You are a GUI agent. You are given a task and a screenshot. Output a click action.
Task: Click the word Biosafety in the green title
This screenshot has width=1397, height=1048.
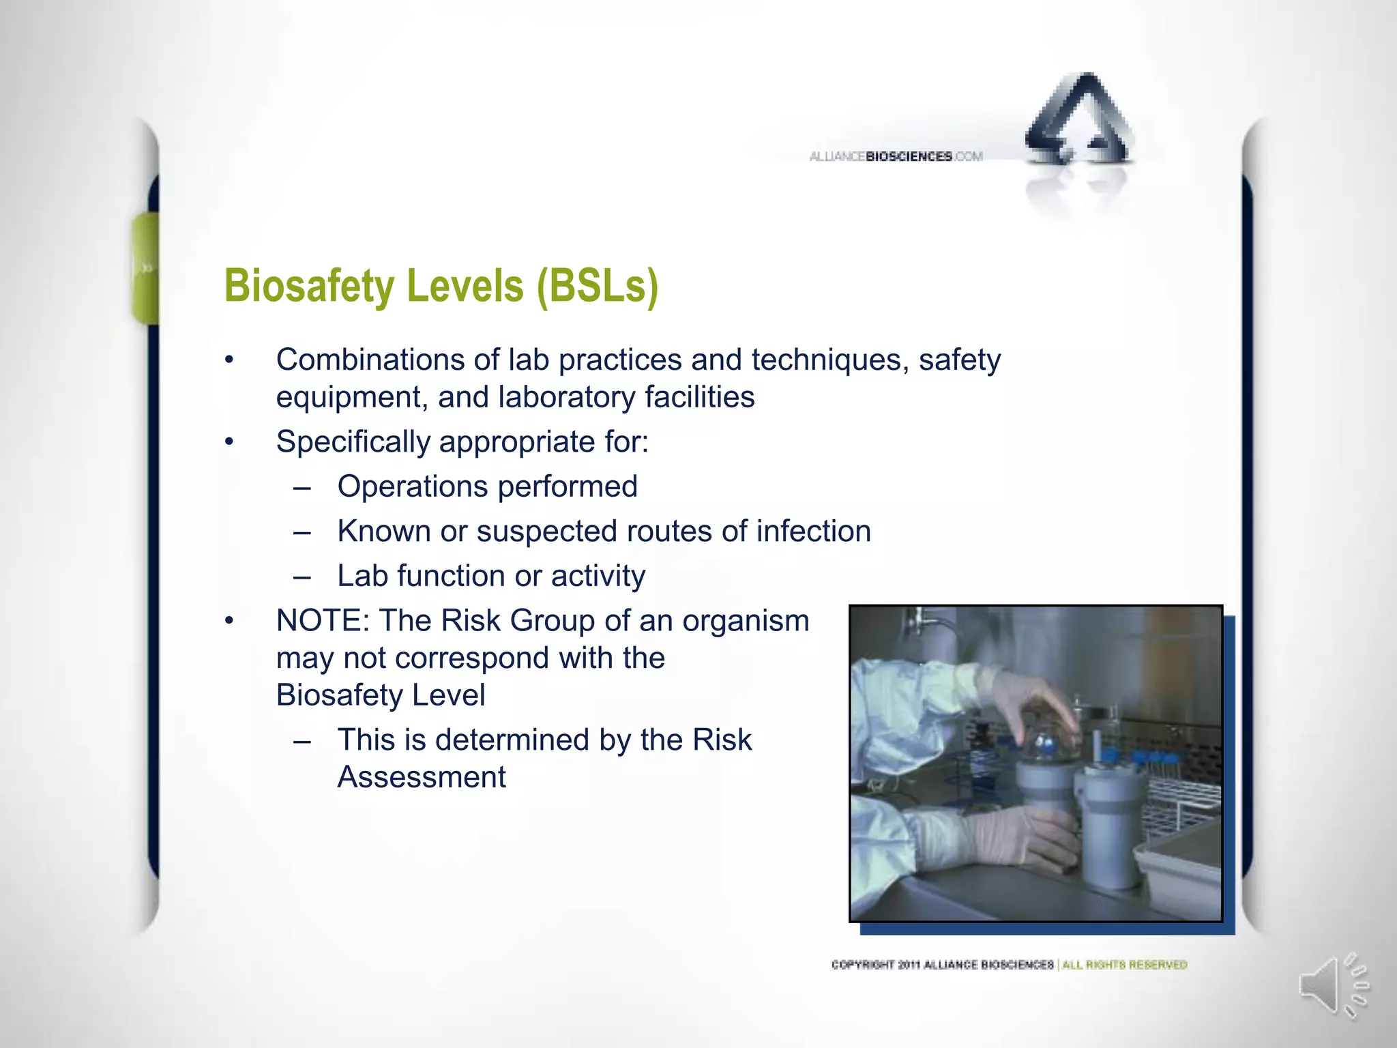coord(309,286)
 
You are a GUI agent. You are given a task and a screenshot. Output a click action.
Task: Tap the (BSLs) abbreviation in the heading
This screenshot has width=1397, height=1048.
coord(598,286)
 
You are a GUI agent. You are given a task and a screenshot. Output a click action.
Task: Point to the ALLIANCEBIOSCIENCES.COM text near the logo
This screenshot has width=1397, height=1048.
coord(896,157)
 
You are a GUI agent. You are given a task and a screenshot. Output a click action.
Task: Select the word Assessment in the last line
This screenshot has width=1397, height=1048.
coord(422,777)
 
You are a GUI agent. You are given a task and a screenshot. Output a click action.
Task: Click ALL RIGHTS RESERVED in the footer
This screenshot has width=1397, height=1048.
coord(1125,965)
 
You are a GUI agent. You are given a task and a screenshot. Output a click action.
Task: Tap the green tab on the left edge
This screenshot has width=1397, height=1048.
coord(145,268)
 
